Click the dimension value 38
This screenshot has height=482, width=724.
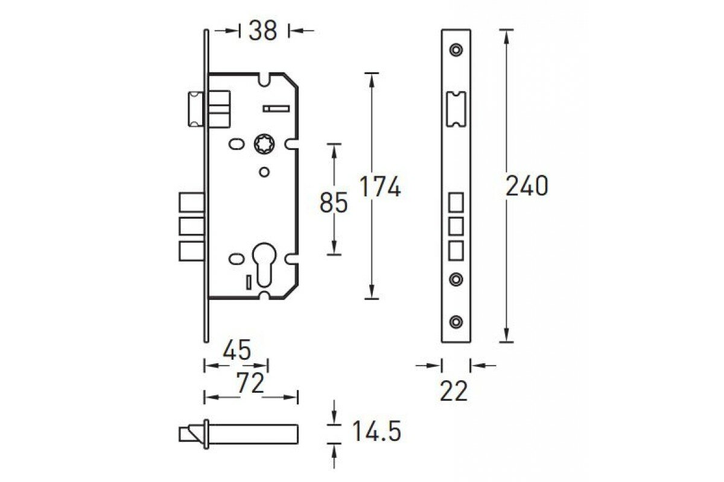[263, 30]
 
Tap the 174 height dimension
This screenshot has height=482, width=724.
[380, 187]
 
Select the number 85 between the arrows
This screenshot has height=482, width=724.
[334, 202]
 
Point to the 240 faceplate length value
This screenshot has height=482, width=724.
[527, 186]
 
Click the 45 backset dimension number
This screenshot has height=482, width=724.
[237, 350]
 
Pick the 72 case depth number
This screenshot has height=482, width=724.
[250, 383]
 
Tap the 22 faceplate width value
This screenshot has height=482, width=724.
[454, 392]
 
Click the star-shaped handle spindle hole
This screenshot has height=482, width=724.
[264, 145]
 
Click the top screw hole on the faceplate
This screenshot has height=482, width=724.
[457, 49]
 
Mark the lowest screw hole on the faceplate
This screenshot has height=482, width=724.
[457, 321]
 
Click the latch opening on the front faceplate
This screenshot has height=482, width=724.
[456, 108]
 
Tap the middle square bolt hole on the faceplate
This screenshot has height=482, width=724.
[456, 225]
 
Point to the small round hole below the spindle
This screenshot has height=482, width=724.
[263, 172]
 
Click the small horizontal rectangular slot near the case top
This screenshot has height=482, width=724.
[276, 108]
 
